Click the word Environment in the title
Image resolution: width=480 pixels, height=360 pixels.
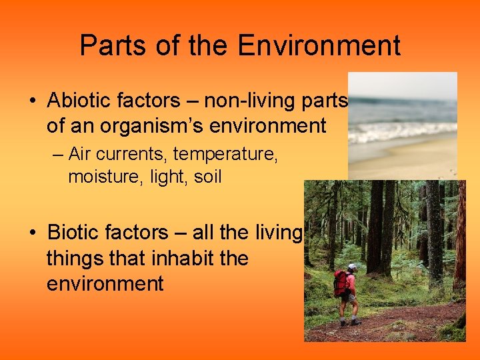319,46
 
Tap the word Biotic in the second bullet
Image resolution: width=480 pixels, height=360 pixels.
71,233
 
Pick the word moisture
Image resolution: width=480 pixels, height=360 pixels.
97,177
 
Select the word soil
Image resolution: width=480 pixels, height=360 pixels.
207,177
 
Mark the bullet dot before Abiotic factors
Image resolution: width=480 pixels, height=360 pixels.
32,101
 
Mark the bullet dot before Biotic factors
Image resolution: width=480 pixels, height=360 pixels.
32,233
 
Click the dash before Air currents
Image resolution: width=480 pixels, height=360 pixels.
58,155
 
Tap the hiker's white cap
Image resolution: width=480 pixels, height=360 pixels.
352,267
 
